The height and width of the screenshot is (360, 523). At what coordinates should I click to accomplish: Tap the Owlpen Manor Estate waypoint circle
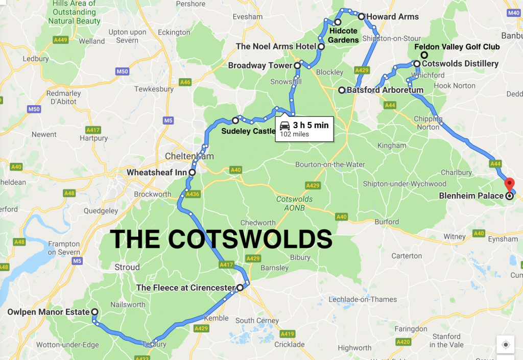(94, 311)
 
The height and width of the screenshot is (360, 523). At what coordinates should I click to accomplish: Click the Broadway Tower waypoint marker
(297, 65)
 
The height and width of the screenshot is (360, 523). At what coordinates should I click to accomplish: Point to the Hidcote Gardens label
(343, 35)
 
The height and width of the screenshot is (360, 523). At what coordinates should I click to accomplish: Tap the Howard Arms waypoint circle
(361, 16)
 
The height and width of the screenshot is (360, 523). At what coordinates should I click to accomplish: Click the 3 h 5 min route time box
(304, 129)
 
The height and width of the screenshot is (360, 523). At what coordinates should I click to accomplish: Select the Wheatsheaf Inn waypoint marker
(192, 173)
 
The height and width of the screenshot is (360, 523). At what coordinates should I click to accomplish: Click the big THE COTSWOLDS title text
(221, 239)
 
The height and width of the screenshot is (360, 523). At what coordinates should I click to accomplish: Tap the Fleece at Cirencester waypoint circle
(240, 287)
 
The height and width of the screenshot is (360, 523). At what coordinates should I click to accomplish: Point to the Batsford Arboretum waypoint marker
(342, 90)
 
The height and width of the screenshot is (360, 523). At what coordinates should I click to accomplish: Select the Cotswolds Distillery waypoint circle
(417, 64)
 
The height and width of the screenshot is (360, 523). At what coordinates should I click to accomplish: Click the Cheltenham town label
(189, 156)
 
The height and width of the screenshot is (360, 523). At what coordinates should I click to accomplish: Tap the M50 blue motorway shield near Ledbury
(122, 71)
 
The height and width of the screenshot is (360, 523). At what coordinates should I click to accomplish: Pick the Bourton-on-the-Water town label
(330, 164)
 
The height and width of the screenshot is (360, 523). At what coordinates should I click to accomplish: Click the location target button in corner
(505, 345)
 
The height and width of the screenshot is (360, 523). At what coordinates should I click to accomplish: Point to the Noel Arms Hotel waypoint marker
(321, 46)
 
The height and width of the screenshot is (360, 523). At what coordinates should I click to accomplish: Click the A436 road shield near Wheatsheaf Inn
(193, 194)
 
